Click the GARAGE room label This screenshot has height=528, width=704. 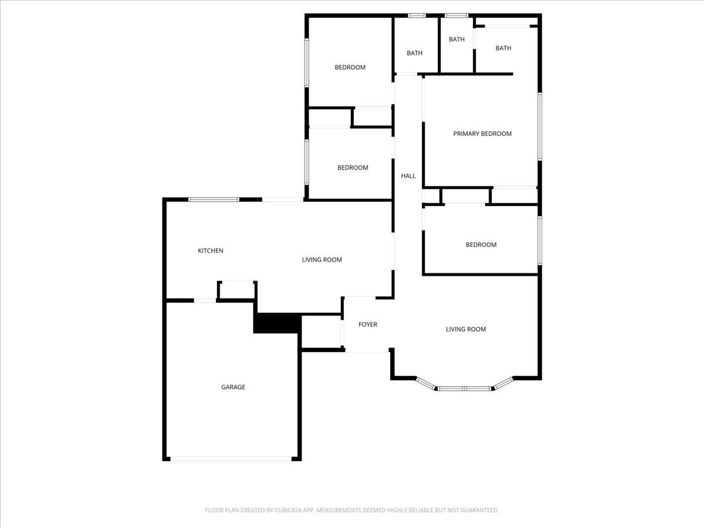click(233, 387)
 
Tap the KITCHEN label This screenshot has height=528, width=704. click(211, 251)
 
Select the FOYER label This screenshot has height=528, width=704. click(368, 324)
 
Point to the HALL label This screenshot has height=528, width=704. click(408, 175)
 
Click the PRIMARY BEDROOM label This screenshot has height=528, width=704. click(482, 134)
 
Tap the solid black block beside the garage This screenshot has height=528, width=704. click(277, 323)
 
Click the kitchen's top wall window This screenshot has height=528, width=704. click(214, 199)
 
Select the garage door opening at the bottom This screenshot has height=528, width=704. click(231, 459)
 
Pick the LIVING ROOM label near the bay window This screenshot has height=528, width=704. click(466, 329)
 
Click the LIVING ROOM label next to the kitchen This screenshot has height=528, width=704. click(321, 260)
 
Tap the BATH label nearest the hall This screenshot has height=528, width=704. click(414, 53)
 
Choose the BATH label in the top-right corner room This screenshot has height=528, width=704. click(503, 48)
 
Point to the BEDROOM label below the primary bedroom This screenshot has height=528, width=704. click(481, 245)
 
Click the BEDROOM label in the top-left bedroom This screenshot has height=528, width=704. click(350, 67)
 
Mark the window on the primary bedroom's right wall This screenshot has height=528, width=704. click(540, 126)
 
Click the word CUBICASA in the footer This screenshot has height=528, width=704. click(288, 510)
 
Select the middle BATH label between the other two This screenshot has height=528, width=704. click(456, 39)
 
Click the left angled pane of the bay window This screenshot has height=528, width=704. click(426, 384)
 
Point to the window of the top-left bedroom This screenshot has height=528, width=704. click(307, 63)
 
